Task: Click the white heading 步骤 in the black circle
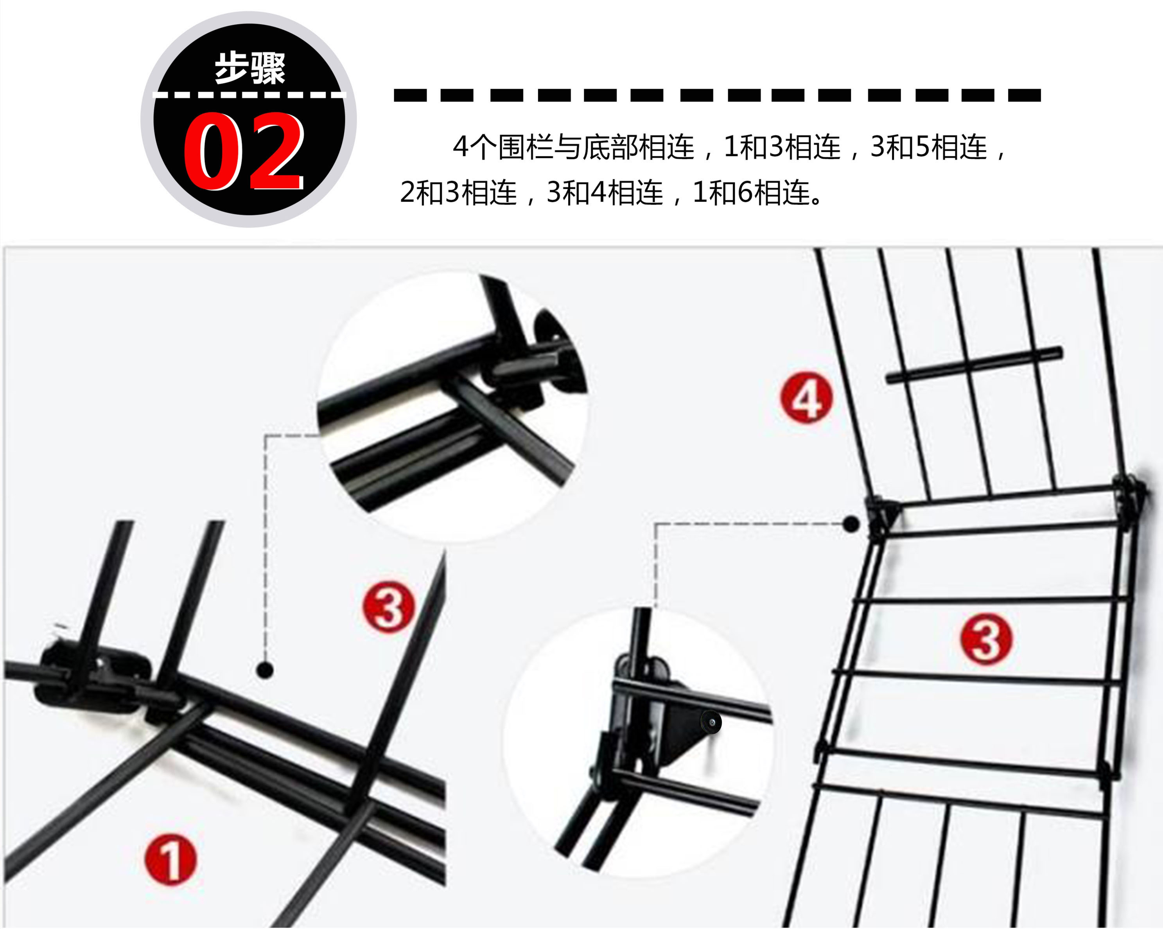click(x=250, y=68)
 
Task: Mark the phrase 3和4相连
click(x=605, y=192)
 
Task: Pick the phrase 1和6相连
click(x=751, y=192)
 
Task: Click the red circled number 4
click(x=806, y=398)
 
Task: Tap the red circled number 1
click(x=171, y=859)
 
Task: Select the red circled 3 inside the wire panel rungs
click(x=987, y=639)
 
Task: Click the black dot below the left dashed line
click(x=265, y=670)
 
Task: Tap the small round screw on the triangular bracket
click(x=711, y=722)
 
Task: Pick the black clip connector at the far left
click(x=92, y=677)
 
